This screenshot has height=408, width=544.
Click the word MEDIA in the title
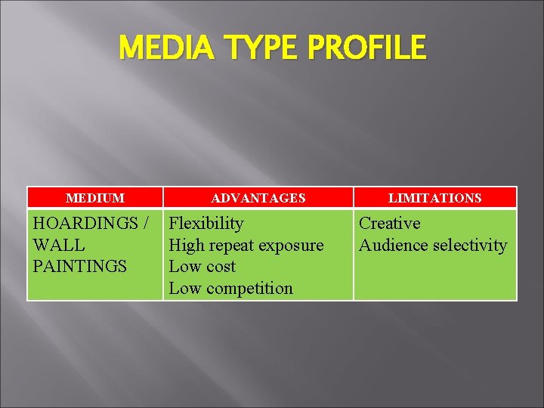[161, 48]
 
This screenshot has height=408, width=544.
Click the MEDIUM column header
[95, 198]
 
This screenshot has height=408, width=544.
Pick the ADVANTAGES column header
[258, 198]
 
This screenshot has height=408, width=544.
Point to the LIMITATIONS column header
[434, 198]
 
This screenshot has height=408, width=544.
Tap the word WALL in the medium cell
[59, 246]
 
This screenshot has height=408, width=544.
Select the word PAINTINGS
[80, 267]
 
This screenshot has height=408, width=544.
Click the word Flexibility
[206, 224]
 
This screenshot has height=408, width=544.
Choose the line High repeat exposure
[246, 246]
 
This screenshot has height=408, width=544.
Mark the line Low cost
[202, 267]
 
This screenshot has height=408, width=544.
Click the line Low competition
[230, 288]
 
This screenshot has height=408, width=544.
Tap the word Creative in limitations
[389, 224]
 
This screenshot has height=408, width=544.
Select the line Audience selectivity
[433, 246]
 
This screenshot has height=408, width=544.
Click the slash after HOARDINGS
[144, 224]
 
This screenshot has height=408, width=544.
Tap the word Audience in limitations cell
[389, 246]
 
